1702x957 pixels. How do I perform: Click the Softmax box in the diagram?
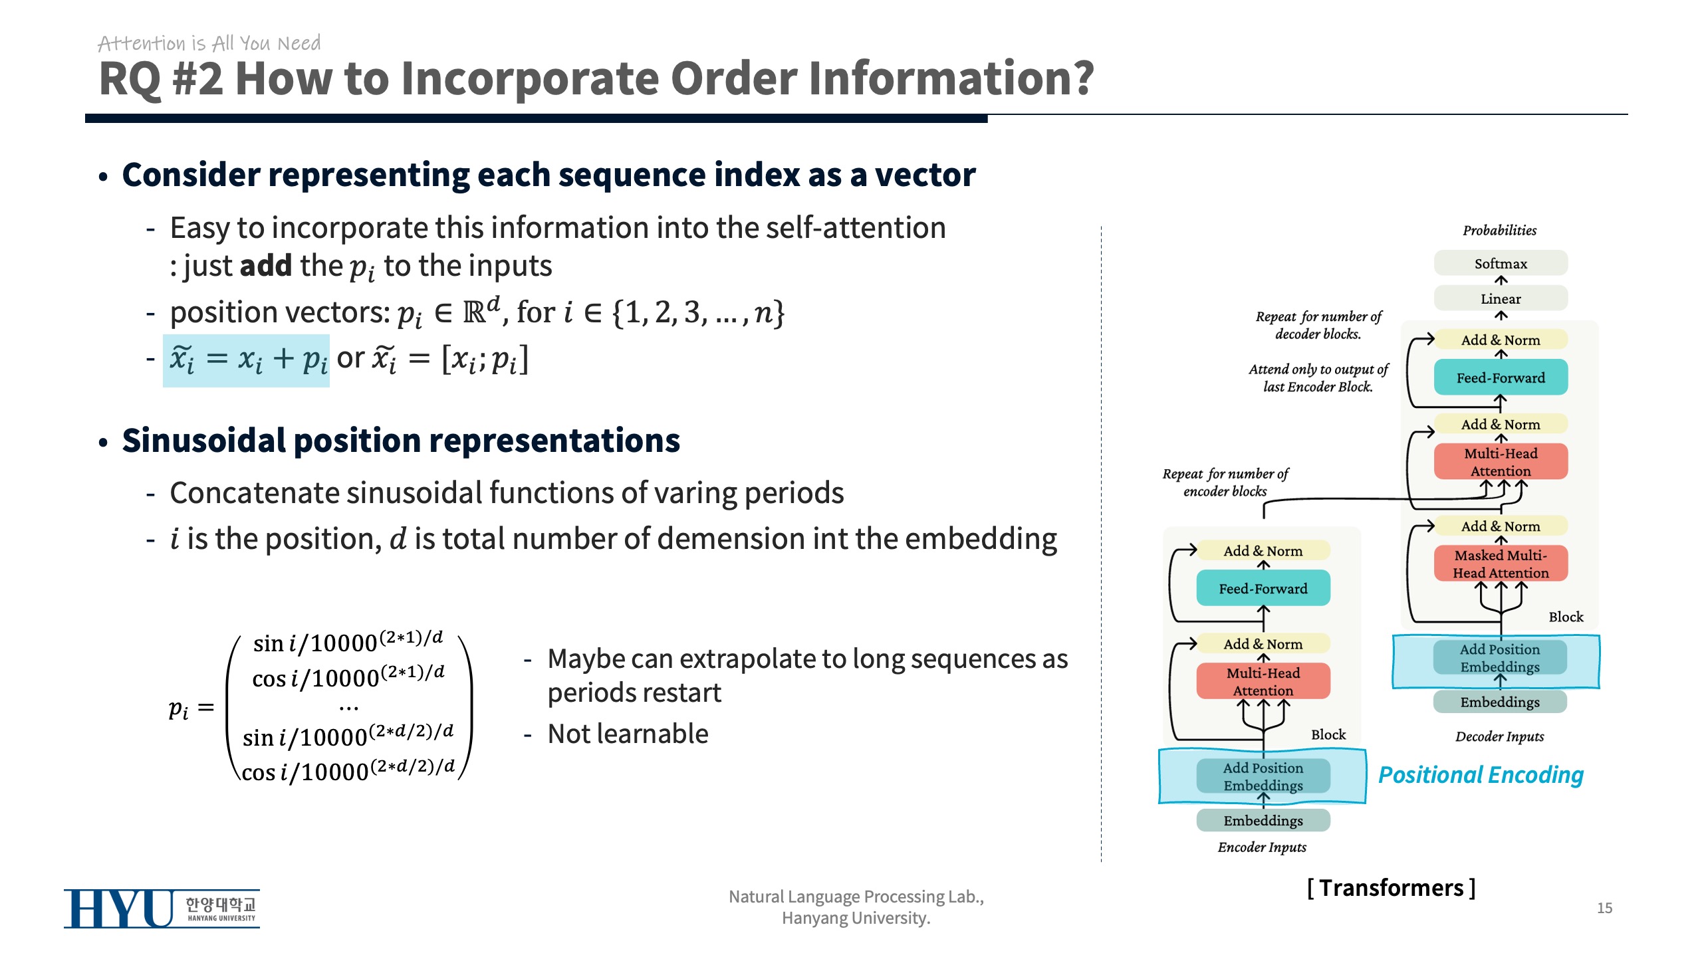(x=1501, y=263)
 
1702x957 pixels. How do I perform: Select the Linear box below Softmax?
(x=1501, y=298)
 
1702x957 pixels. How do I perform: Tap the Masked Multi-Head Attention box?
(x=1501, y=564)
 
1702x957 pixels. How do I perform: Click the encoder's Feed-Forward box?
(x=1263, y=588)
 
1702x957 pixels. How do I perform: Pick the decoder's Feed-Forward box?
(x=1501, y=377)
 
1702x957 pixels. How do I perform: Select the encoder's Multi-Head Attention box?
(x=1263, y=681)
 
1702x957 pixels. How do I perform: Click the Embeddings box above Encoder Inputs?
(x=1263, y=820)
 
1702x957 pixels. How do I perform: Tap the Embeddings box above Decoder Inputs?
(x=1499, y=702)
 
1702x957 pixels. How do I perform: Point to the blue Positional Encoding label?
(x=1481, y=775)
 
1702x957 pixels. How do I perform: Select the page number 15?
(x=1604, y=908)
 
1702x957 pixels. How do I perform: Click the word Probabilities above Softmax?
(x=1499, y=231)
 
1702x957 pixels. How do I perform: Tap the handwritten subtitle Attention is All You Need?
(x=209, y=43)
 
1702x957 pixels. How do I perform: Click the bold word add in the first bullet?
(x=265, y=266)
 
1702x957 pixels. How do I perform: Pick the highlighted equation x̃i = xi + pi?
(x=247, y=360)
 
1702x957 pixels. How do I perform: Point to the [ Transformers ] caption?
(x=1391, y=888)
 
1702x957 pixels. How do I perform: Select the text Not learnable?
(x=628, y=734)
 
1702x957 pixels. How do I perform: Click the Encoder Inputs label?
(x=1261, y=847)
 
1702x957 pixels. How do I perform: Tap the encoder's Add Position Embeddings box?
(x=1263, y=776)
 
